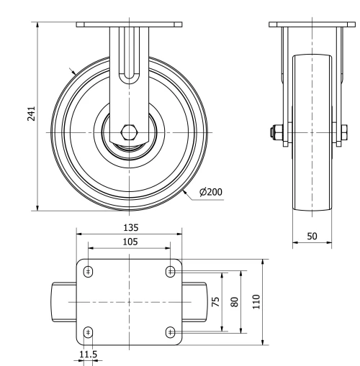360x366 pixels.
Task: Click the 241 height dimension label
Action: pos(31,115)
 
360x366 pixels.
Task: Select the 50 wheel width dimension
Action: pos(312,236)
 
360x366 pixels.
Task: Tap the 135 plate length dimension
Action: pos(130,227)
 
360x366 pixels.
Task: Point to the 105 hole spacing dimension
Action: pos(130,242)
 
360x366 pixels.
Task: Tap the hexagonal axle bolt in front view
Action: pos(130,133)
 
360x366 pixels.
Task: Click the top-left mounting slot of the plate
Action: pos(89,271)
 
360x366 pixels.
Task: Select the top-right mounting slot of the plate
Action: pos(171,271)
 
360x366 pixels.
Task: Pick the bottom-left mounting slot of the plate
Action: pos(89,331)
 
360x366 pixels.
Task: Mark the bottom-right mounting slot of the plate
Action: pos(171,331)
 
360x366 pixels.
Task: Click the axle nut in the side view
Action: pos(276,133)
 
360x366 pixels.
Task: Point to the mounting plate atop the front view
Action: pos(130,24)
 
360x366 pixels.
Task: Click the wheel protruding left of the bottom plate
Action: pos(63,301)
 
